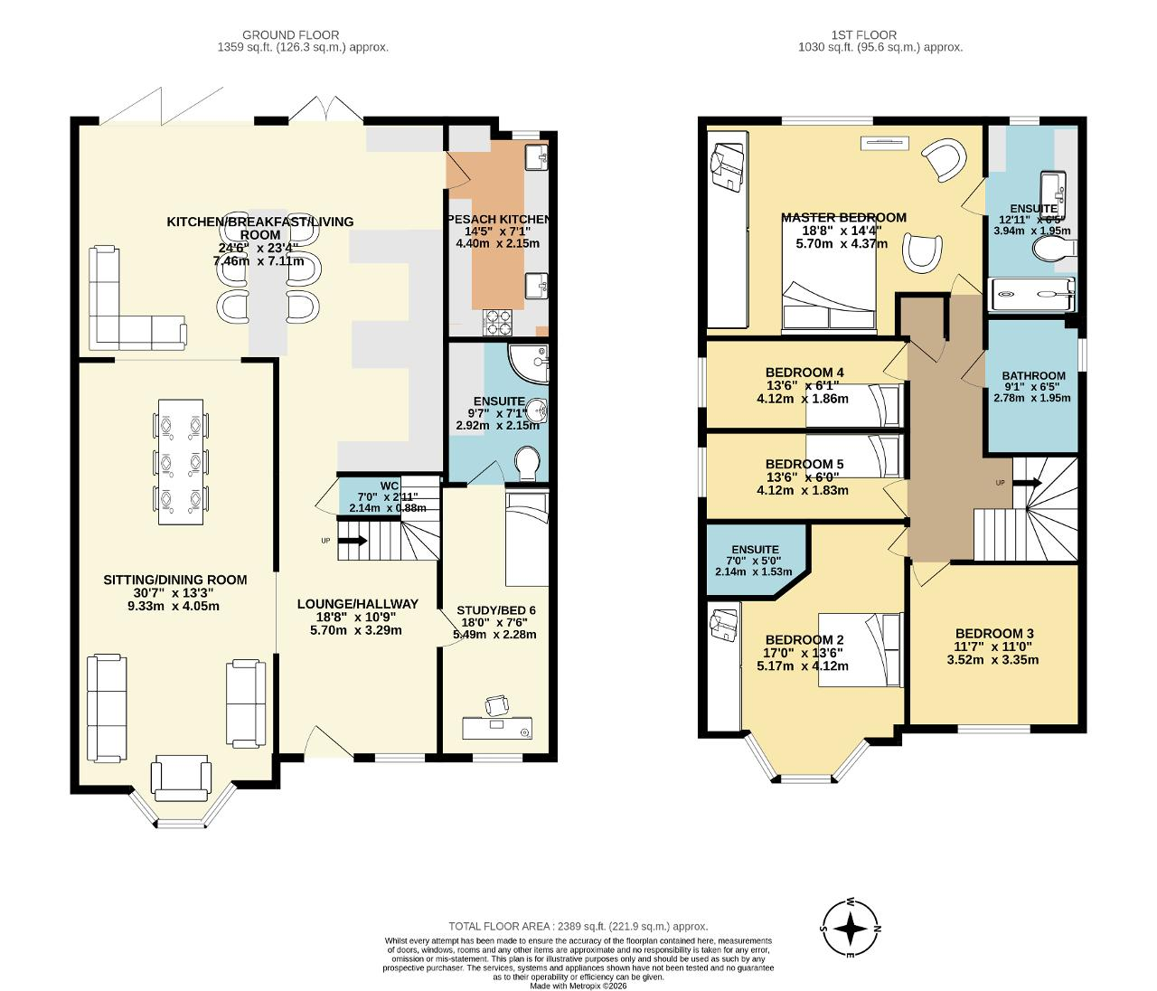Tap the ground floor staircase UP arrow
click(353, 541)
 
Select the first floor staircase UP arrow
click(1027, 483)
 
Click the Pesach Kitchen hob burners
click(497, 323)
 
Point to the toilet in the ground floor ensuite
click(526, 462)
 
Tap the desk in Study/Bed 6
click(497, 728)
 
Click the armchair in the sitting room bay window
click(181, 778)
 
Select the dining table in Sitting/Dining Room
click(181, 462)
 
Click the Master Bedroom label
click(843, 217)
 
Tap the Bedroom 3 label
click(994, 633)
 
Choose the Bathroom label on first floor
click(1033, 375)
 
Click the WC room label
click(389, 486)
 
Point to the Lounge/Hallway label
click(358, 604)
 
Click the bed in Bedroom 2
click(861, 649)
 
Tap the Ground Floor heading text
click(290, 34)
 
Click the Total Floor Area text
click(578, 927)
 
